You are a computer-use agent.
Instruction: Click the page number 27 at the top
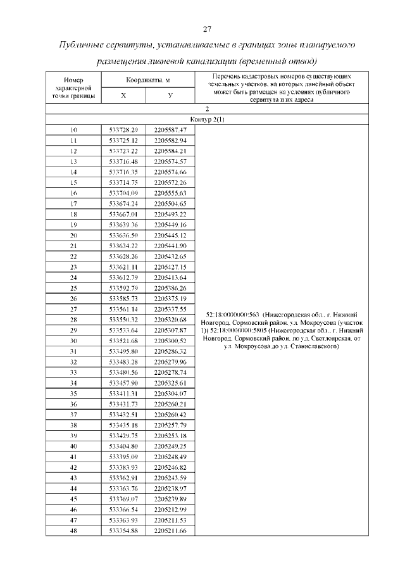(206, 29)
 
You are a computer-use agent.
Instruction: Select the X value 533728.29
(123, 130)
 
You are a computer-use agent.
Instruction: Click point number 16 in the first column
(73, 192)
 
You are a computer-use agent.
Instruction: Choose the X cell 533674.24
(123, 203)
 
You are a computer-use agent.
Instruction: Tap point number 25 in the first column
(73, 287)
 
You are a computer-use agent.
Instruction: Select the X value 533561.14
(123, 309)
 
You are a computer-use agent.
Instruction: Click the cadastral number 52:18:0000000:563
(235, 314)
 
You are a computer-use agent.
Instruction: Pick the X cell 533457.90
(123, 383)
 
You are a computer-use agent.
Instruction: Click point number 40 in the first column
(73, 446)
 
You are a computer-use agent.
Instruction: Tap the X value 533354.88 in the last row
(123, 531)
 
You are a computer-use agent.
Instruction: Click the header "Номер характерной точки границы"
(73, 88)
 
